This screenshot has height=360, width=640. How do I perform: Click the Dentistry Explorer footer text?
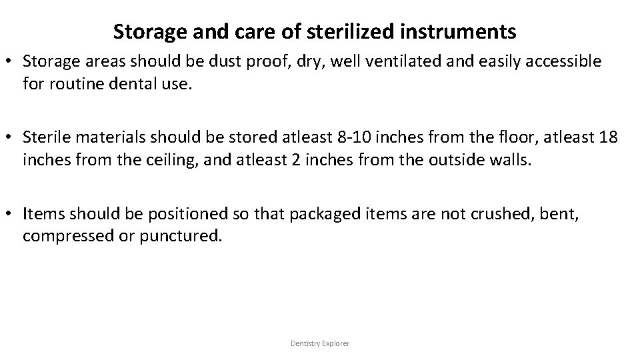tap(320, 343)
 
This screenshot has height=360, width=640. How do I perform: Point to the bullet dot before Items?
tap(11, 215)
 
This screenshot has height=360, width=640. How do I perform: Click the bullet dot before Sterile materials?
tap(11, 139)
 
